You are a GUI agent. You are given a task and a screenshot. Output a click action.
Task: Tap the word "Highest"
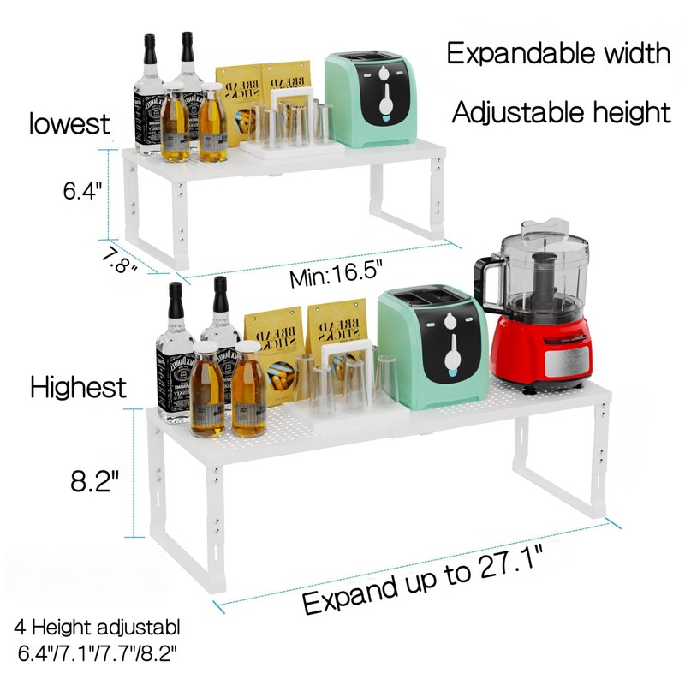(78, 387)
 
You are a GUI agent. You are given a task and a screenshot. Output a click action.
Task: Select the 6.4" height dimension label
(83, 190)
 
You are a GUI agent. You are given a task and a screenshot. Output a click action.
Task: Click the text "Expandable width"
(558, 54)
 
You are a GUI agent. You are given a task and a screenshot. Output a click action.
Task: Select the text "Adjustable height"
(561, 111)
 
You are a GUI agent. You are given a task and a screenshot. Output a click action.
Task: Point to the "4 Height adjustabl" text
(98, 628)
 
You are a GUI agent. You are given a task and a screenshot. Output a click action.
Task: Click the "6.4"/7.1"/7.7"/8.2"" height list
(98, 653)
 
